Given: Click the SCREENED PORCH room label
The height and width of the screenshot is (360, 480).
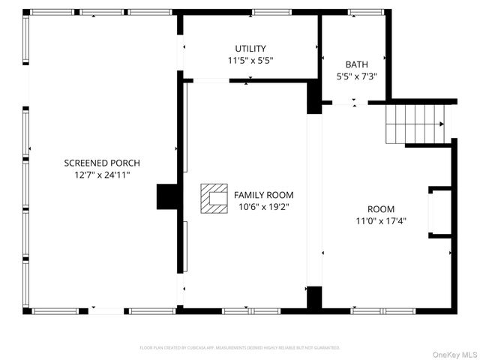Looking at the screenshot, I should click(102, 163).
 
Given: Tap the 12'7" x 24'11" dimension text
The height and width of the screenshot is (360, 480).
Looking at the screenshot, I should click(102, 175).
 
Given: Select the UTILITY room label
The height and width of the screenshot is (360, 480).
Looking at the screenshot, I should click(250, 49).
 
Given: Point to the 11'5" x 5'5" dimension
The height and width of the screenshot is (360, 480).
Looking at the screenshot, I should click(250, 60).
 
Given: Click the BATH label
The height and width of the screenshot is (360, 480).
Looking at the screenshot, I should click(356, 64).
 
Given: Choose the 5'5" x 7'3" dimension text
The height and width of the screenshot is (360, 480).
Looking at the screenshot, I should click(356, 76).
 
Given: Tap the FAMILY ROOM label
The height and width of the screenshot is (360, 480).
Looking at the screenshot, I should click(264, 194).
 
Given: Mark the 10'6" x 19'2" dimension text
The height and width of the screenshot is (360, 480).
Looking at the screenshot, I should click(264, 206).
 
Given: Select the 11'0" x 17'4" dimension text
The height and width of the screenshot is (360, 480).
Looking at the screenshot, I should click(381, 221).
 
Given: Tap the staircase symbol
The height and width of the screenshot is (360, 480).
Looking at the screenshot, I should click(415, 124).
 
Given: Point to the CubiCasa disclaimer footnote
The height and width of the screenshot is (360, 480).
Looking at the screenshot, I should click(240, 348).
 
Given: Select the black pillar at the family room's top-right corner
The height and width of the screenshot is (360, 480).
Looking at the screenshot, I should click(314, 97).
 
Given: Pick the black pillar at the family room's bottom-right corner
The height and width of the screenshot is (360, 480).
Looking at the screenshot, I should click(314, 298).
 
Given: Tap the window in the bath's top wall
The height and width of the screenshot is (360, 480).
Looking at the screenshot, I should click(365, 12).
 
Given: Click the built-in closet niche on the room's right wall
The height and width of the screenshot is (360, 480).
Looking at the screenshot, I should click(439, 212).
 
